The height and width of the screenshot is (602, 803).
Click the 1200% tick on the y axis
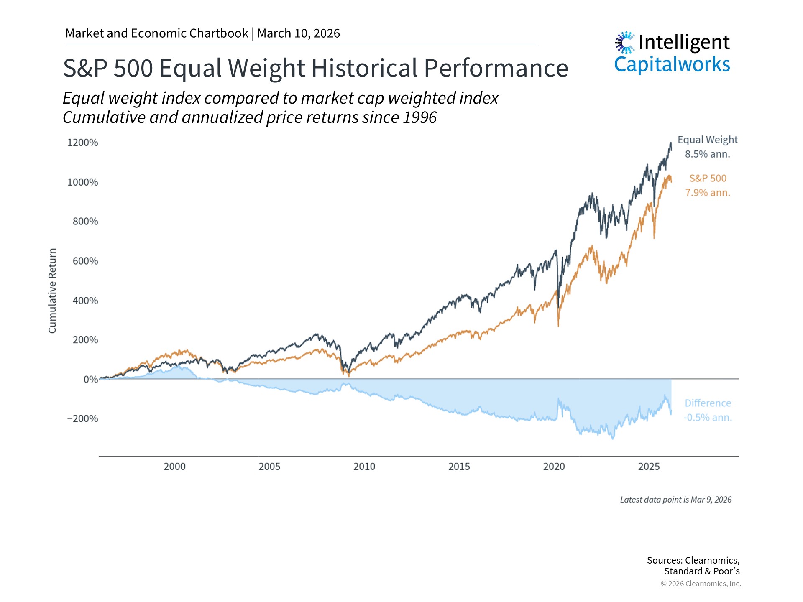coord(83,143)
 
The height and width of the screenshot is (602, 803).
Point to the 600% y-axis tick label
coord(85,261)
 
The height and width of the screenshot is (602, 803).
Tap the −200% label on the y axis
coord(82,418)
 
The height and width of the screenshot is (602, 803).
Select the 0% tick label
coord(90,379)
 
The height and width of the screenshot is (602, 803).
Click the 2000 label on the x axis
coord(174,467)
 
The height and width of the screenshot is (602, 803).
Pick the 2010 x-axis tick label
coord(364,467)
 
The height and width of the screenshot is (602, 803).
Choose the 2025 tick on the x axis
coord(649,467)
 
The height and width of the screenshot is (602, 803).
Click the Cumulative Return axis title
coord(52,291)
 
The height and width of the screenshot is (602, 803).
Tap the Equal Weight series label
coord(708,140)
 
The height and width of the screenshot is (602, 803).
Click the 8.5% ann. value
coord(707,154)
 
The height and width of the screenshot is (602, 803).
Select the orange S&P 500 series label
coord(708,178)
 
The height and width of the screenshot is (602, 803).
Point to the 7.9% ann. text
coord(707,193)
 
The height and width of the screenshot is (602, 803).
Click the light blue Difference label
coord(708,403)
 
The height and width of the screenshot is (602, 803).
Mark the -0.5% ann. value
coord(708,418)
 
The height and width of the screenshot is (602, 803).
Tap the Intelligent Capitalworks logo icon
coord(625,42)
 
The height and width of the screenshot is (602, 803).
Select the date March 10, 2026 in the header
coord(299,33)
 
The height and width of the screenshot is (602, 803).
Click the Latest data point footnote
coord(675,500)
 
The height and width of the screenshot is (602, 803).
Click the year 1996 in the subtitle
coord(419,117)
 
